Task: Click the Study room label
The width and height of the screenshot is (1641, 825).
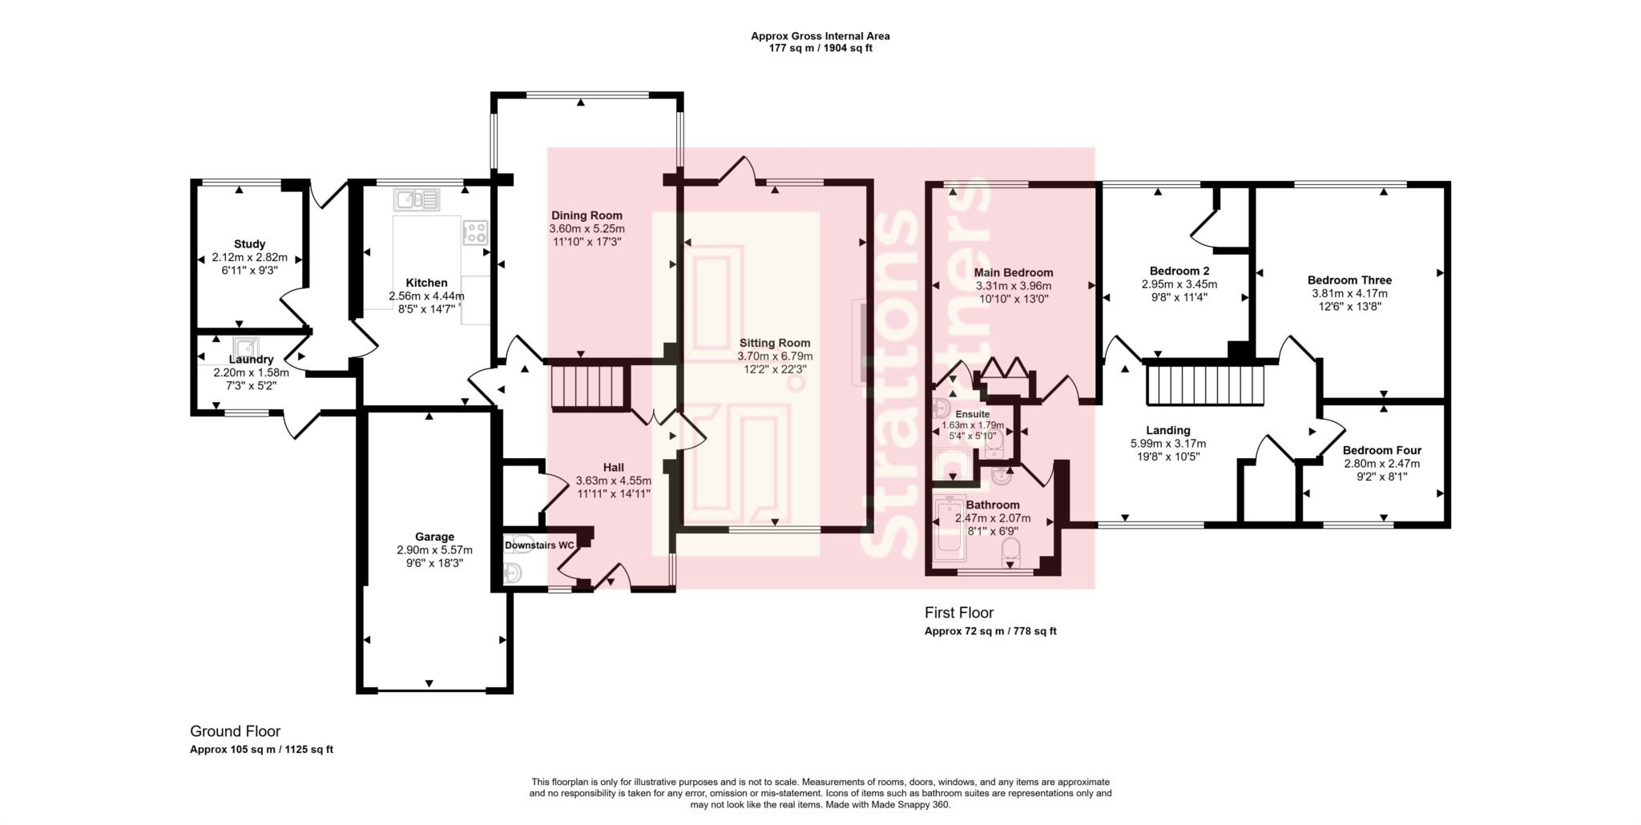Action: click(249, 244)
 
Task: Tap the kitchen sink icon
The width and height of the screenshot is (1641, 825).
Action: click(416, 199)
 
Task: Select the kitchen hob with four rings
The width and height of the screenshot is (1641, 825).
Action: click(475, 232)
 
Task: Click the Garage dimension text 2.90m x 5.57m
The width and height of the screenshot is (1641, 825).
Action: click(434, 550)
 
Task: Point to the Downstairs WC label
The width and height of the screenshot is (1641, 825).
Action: click(539, 545)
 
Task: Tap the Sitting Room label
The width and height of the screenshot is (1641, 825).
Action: click(774, 343)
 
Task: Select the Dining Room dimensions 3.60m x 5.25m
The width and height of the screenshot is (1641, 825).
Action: click(587, 228)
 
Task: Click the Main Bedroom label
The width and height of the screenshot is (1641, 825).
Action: click(1013, 272)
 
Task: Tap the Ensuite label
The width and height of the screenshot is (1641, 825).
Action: click(972, 414)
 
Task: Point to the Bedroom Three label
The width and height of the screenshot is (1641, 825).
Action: click(1349, 280)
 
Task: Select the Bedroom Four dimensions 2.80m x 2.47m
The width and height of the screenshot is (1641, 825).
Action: click(1381, 464)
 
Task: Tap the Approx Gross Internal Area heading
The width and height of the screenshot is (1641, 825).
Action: click(820, 36)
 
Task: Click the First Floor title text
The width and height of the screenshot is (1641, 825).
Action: click(958, 613)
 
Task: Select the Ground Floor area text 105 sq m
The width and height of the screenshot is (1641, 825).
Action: click(261, 750)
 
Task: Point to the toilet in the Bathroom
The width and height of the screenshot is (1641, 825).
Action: click(1010, 552)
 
